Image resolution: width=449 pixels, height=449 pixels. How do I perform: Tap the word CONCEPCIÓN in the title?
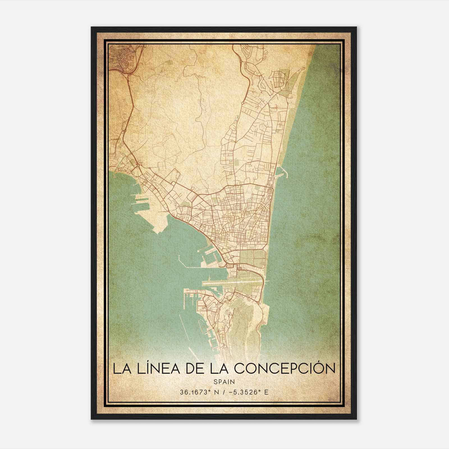(x=285, y=368)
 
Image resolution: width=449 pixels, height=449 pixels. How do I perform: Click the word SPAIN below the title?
(x=224, y=382)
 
